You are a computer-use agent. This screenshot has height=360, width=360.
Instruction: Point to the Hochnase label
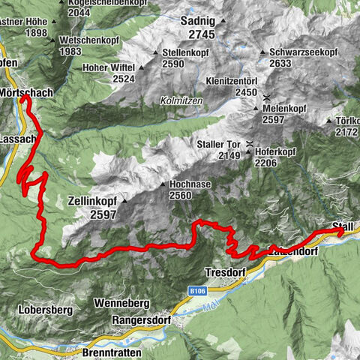point(192,184)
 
